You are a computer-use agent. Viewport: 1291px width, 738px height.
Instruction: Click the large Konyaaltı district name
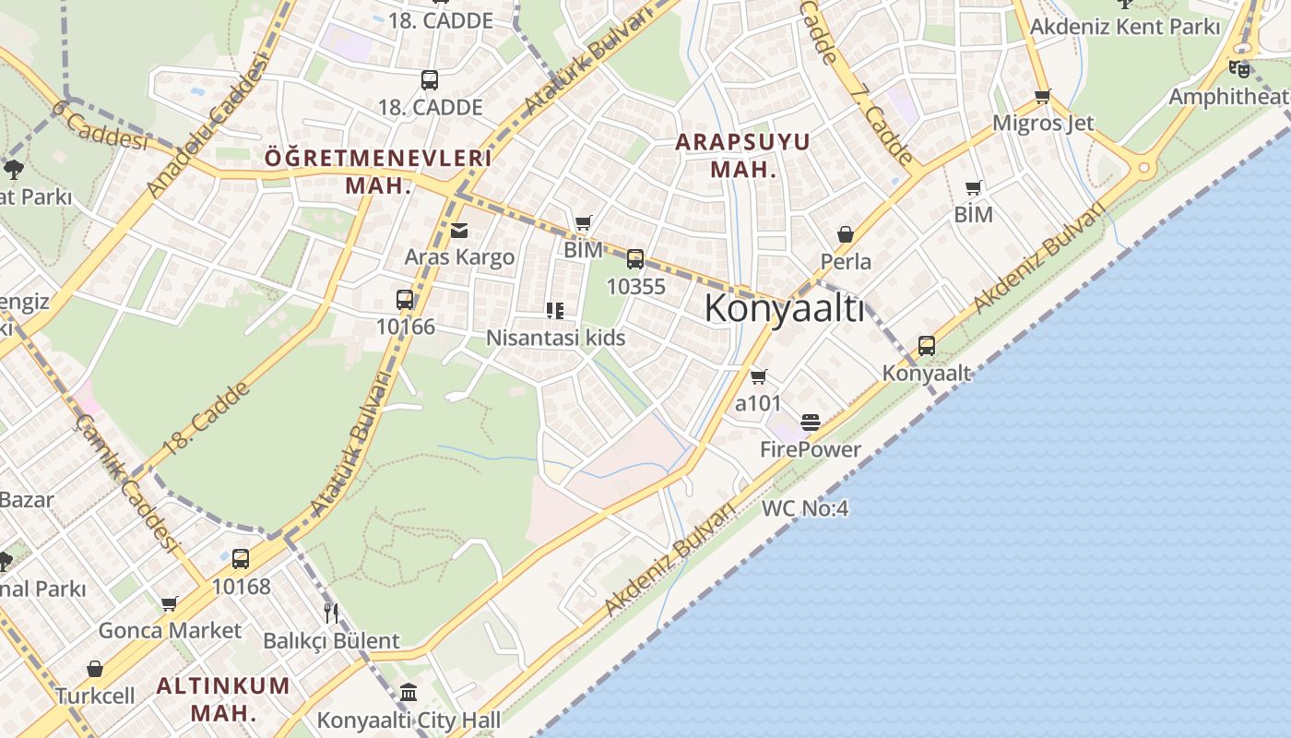[x=785, y=308]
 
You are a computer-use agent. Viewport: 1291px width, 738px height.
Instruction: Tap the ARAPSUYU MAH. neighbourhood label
[x=742, y=156]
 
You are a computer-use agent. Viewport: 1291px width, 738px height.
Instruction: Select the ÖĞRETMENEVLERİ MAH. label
[x=378, y=171]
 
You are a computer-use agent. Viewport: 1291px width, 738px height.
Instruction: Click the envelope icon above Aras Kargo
[x=459, y=231]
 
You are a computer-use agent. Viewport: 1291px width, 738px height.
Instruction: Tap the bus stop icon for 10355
[x=635, y=259]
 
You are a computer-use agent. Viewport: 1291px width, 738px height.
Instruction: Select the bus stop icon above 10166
[x=405, y=300]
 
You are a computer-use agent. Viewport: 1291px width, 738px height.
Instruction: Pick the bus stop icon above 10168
[x=241, y=559]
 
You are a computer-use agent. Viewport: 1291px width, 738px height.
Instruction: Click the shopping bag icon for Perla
[x=846, y=235]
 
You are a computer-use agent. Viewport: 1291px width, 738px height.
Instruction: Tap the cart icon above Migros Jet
[x=1043, y=96]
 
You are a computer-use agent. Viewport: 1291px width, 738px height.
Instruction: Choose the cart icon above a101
[x=758, y=376]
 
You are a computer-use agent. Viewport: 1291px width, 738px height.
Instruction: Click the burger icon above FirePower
[x=811, y=423]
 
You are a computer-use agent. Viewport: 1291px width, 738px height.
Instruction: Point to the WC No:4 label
[x=804, y=508]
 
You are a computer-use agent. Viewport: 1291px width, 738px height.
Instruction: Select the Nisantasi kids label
[x=555, y=338]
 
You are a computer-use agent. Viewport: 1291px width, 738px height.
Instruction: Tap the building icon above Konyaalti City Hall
[x=409, y=692]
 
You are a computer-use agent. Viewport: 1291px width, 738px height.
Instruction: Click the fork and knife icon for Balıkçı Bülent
[x=331, y=613]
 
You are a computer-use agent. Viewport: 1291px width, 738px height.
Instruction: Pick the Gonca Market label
[x=170, y=631]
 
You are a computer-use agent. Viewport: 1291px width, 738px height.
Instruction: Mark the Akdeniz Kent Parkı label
[x=1124, y=27]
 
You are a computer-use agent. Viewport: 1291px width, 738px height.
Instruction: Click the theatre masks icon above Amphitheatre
[x=1239, y=69]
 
